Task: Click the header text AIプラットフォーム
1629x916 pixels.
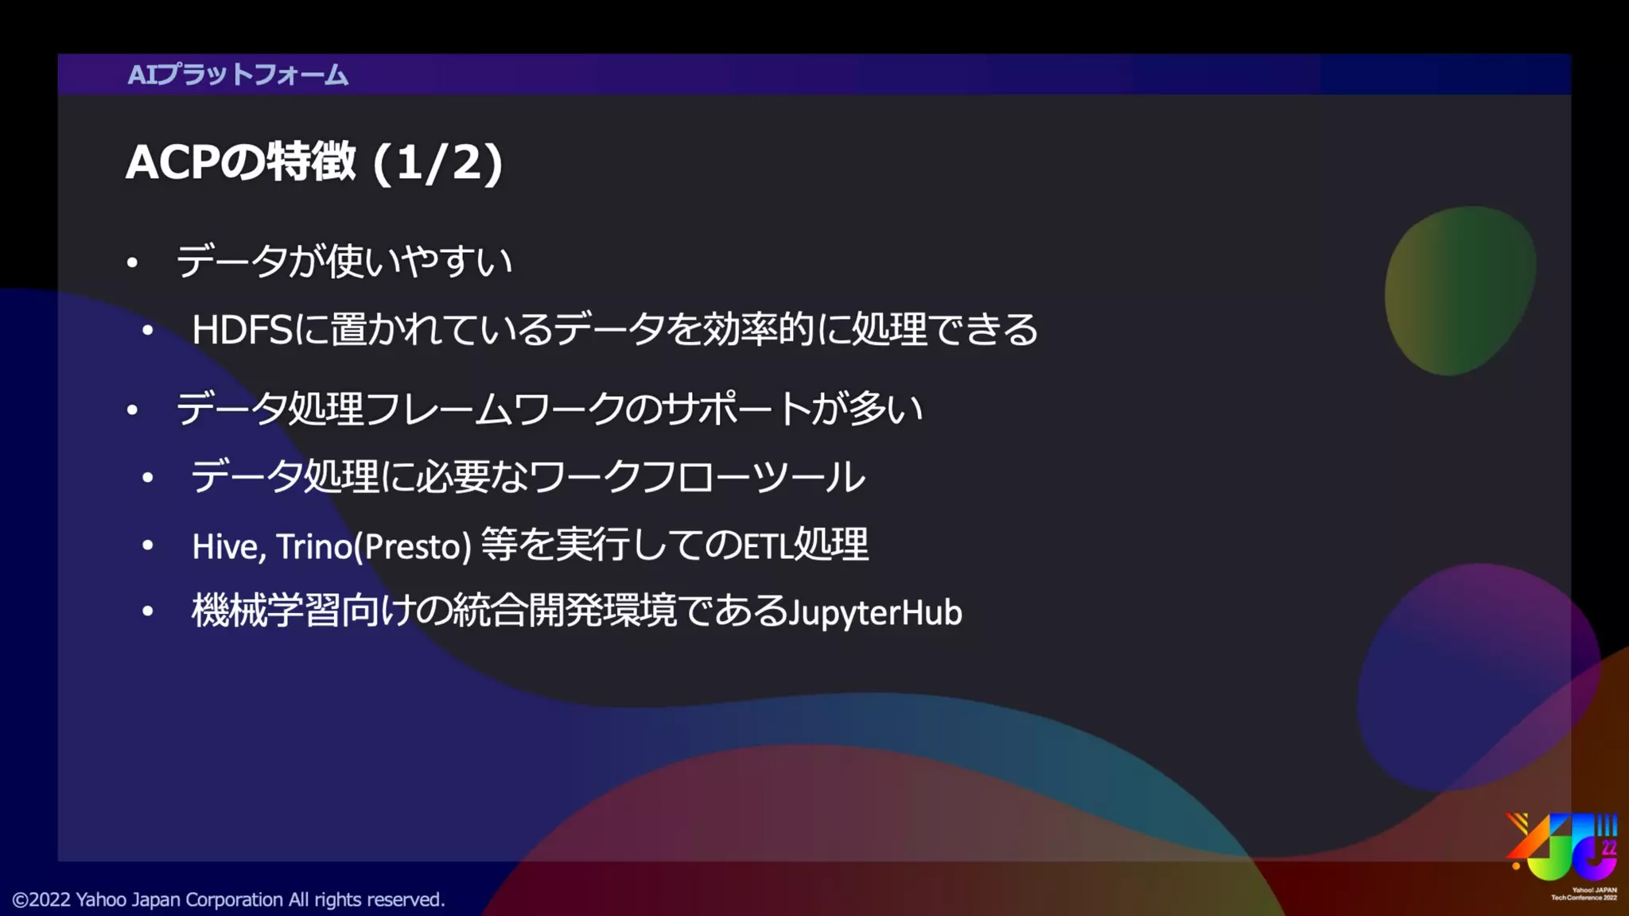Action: coord(237,75)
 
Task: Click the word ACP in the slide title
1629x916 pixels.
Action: coord(172,162)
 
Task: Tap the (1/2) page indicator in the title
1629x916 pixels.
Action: coord(437,163)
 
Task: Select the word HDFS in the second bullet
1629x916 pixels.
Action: coord(242,329)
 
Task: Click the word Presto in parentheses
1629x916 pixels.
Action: coord(412,547)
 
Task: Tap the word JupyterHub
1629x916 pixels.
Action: coord(876,613)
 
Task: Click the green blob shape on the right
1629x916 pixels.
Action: coord(1459,291)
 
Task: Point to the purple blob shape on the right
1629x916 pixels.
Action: coord(1476,676)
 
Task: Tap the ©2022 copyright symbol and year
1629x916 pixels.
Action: coord(41,900)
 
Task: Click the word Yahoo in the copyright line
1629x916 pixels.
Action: coord(101,900)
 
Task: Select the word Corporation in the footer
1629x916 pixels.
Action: coord(235,900)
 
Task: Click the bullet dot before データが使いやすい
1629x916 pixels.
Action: coord(133,262)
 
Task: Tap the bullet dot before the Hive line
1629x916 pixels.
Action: coord(148,545)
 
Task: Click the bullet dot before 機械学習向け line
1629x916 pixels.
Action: coord(148,611)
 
